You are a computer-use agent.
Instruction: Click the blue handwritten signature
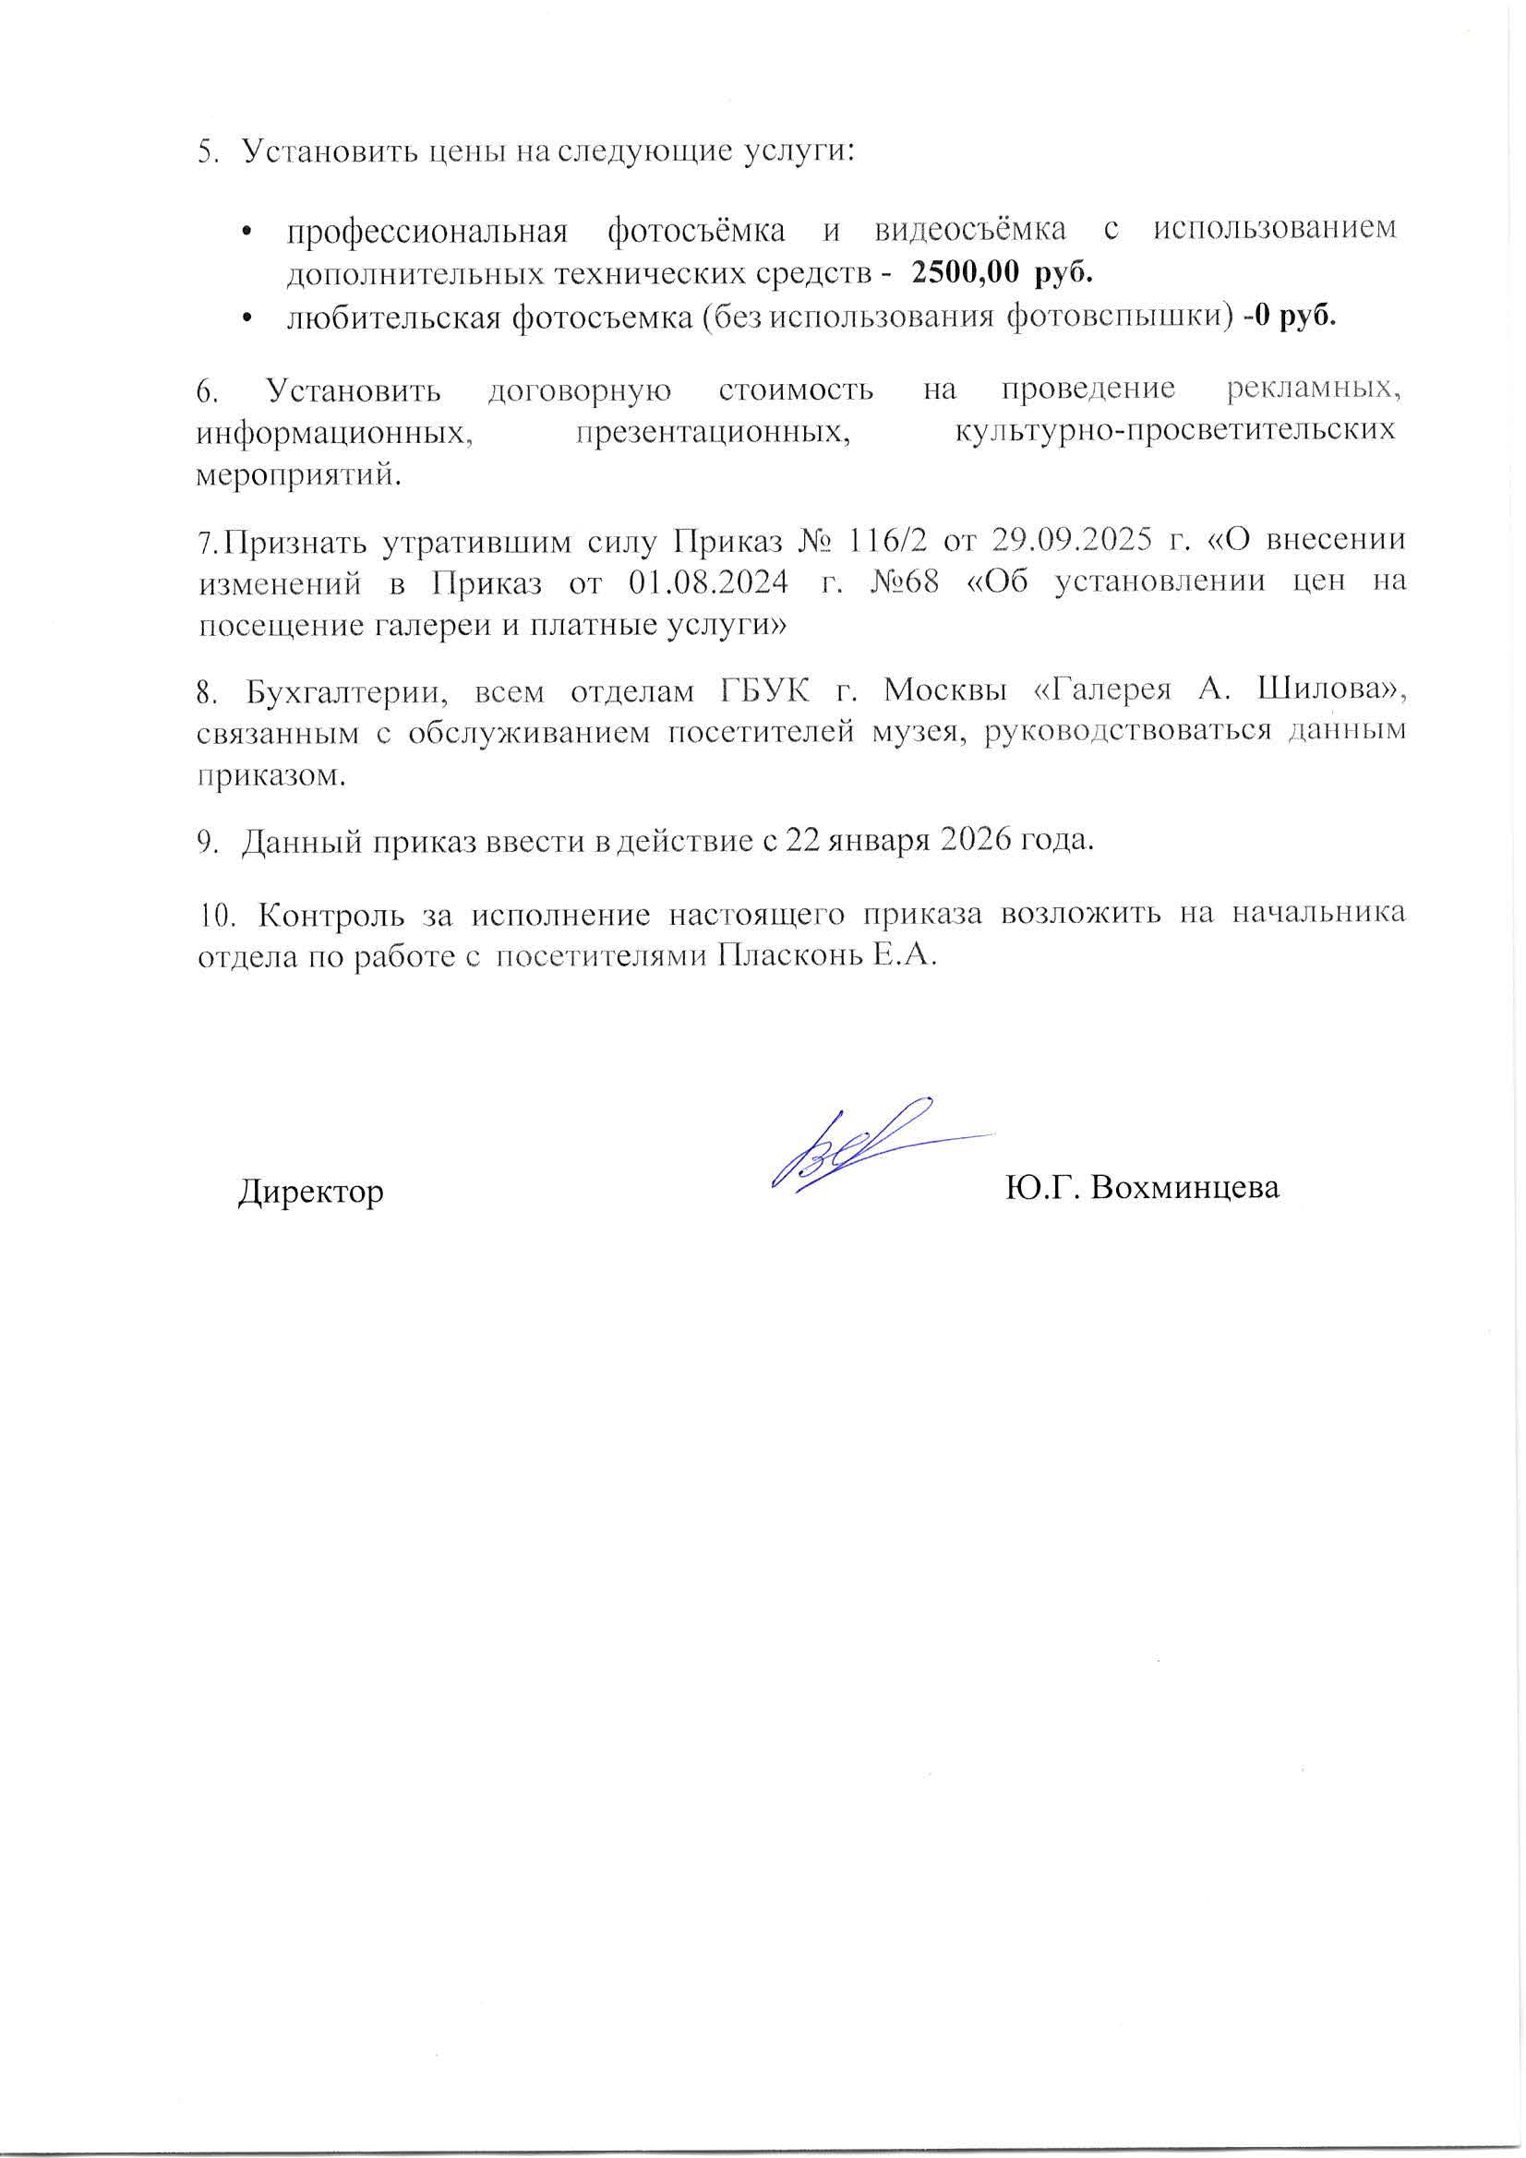851,1145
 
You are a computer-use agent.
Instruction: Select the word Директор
310,1192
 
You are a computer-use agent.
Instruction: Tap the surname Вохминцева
1184,1188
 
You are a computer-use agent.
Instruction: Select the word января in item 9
875,840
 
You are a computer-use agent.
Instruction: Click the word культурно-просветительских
1173,432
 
